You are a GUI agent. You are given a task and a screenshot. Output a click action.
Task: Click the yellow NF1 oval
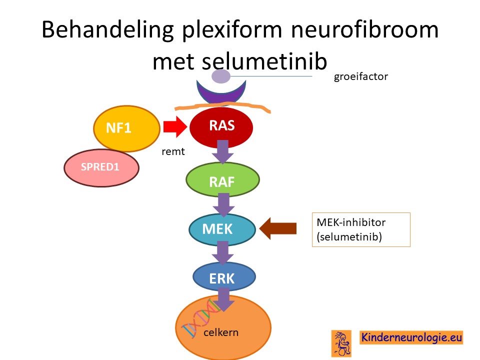click(x=126, y=128)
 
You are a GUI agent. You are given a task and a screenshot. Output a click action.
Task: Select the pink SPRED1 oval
click(x=101, y=168)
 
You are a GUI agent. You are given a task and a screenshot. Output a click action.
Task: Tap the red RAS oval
click(x=221, y=127)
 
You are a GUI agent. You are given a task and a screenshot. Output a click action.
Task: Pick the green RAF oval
click(x=222, y=179)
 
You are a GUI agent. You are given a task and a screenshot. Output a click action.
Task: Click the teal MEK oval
click(x=222, y=229)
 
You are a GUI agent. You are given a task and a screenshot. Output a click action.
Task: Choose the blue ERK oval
click(x=224, y=277)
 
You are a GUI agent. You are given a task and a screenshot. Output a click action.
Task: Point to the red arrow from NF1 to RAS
click(x=175, y=126)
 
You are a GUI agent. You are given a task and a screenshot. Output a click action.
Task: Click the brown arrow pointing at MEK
click(x=278, y=228)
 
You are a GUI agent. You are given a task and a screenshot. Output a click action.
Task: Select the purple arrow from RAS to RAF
click(x=223, y=151)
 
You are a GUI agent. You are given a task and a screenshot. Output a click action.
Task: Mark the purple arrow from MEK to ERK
click(x=223, y=252)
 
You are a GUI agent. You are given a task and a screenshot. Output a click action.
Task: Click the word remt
click(x=173, y=151)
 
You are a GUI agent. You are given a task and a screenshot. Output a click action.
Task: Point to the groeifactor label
click(x=361, y=76)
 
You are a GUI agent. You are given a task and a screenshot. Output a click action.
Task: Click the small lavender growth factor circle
click(x=220, y=76)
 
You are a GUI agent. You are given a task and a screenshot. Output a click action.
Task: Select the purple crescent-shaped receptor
click(x=221, y=94)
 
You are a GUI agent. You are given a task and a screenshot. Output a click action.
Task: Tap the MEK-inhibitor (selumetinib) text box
click(x=361, y=229)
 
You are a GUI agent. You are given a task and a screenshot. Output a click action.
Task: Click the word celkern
click(x=220, y=332)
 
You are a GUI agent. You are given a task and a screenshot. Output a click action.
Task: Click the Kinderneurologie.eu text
click(x=411, y=337)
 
